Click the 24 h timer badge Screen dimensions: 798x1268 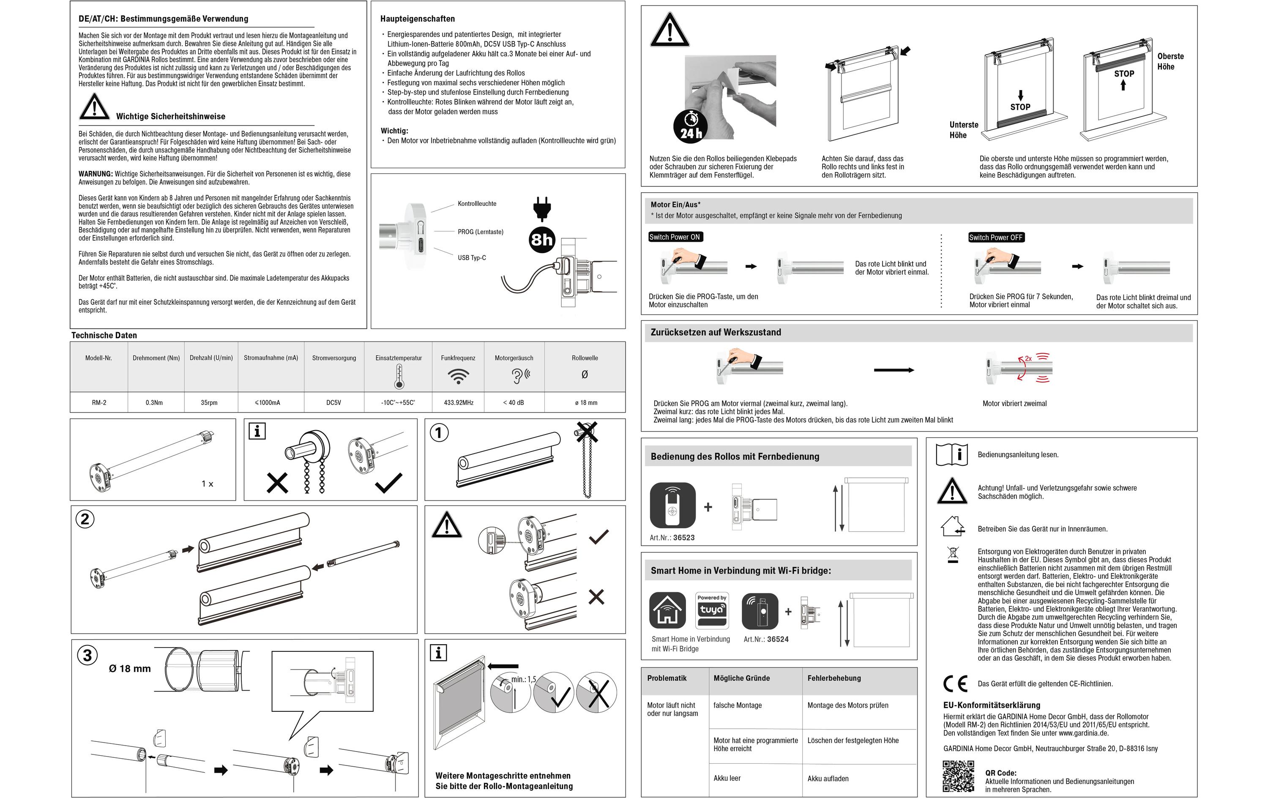click(690, 127)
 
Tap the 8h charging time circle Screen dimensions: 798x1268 click(542, 240)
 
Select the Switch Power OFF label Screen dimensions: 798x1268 click(996, 238)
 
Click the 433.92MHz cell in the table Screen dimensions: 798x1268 click(458, 402)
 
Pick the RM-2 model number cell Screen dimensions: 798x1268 click(99, 402)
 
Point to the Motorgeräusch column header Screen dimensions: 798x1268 click(514, 358)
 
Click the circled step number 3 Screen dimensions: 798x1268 click(87, 655)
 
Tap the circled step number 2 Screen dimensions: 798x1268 click(85, 519)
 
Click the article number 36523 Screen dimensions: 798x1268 click(683, 538)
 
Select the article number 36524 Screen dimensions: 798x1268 click(777, 639)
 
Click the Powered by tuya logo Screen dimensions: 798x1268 click(712, 610)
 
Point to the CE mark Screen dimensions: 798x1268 click(955, 684)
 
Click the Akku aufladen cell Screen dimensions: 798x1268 click(828, 779)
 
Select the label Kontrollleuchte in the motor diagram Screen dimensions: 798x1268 click(476, 204)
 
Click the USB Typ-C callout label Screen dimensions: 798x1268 click(471, 257)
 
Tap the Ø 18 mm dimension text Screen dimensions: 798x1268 click(129, 668)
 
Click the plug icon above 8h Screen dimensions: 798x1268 click(542, 208)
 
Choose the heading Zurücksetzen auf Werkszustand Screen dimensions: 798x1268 click(716, 332)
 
